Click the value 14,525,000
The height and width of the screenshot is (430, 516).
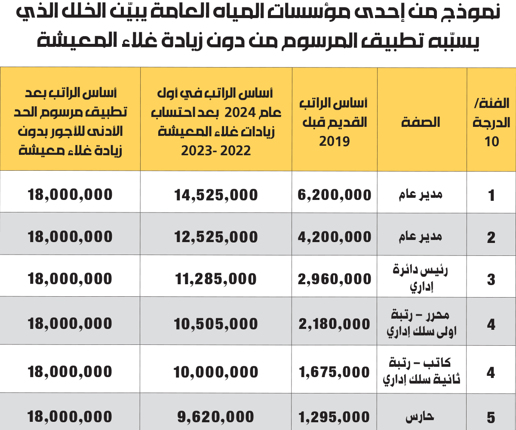[216, 195]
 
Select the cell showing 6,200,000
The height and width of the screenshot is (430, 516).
[335, 195]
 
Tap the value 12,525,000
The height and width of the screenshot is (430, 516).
[216, 237]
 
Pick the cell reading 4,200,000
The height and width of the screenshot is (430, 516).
[335, 237]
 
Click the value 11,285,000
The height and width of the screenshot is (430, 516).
[216, 279]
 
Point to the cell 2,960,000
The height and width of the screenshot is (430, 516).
[335, 279]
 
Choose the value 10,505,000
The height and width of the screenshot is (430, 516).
[216, 324]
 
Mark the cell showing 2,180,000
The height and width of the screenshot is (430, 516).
[335, 324]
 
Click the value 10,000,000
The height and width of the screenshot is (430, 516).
[216, 372]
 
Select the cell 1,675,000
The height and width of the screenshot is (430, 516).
[335, 372]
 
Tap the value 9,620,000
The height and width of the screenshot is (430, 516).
[216, 417]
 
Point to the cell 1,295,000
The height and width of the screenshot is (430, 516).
[335, 418]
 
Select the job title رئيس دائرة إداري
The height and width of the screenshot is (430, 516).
[421, 278]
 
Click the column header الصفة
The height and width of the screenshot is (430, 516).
[421, 122]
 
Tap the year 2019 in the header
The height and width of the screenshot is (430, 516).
[335, 141]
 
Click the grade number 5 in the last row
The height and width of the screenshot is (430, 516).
[491, 418]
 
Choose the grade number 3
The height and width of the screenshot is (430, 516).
[491, 280]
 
